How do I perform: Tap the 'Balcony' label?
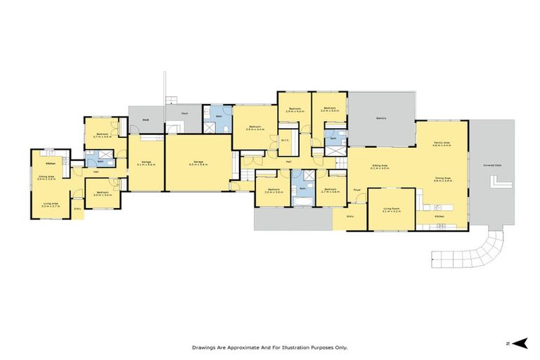[381, 118]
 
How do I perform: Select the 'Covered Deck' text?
[492, 165]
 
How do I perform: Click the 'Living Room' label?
[392, 210]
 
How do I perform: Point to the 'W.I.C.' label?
[285, 140]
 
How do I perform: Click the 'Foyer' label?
[357, 191]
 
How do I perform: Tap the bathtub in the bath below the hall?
[303, 202]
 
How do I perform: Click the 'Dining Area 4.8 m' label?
[443, 180]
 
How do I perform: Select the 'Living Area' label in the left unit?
[51, 205]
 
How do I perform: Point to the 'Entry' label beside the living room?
[351, 217]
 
